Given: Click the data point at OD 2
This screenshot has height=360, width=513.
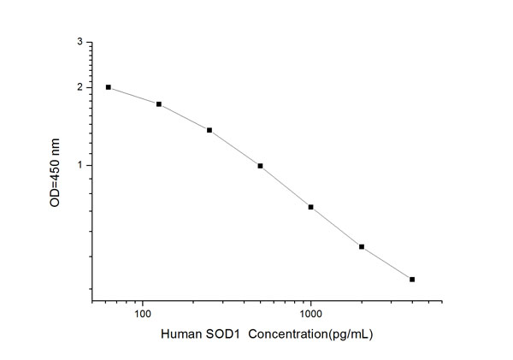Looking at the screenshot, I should (109, 87).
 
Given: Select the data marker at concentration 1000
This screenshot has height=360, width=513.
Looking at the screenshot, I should (311, 207).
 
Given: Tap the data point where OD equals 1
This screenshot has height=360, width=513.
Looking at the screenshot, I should (260, 166).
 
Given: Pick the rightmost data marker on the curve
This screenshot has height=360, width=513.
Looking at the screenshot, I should (412, 280).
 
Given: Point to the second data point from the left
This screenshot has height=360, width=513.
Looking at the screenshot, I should (159, 104).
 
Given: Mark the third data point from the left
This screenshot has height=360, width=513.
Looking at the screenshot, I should (209, 130).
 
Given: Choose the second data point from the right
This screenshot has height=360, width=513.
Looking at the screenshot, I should (362, 247).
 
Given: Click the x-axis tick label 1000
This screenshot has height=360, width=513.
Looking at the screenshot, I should (311, 316).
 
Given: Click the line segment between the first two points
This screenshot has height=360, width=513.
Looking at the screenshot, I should (133, 96).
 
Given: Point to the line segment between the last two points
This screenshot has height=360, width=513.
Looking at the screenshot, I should (386, 263).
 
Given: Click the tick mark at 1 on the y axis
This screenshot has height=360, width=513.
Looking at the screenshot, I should (91, 166).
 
